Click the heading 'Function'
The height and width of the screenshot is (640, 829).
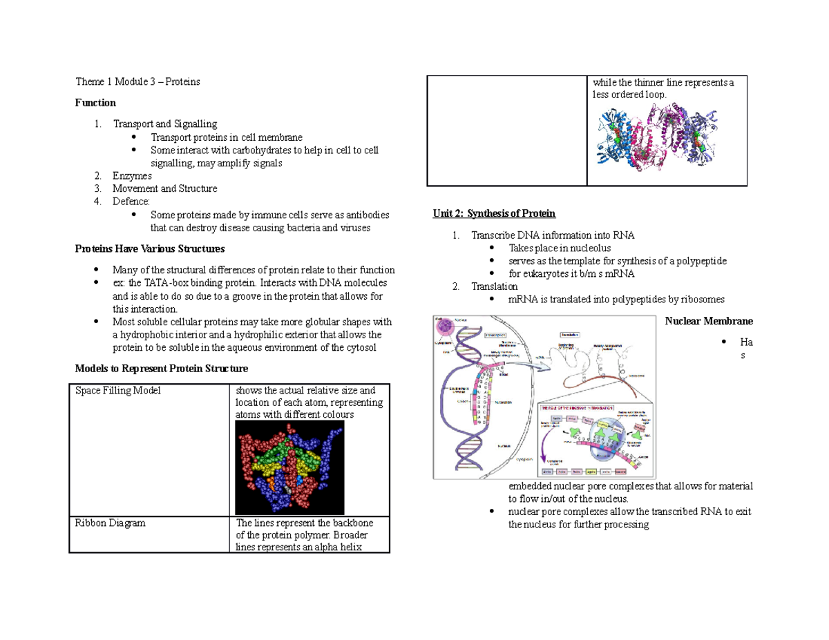95,103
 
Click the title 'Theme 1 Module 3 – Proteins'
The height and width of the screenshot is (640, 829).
137,81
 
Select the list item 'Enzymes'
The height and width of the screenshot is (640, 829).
132,176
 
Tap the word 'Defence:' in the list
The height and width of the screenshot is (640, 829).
131,202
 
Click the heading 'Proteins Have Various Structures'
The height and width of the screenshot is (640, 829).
149,249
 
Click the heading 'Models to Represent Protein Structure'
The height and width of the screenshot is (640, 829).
161,367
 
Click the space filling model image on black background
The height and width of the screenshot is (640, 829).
289,467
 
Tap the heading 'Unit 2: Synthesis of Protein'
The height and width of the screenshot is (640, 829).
494,213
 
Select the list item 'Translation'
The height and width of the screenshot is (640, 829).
494,287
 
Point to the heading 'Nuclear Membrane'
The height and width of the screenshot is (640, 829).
709,321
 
